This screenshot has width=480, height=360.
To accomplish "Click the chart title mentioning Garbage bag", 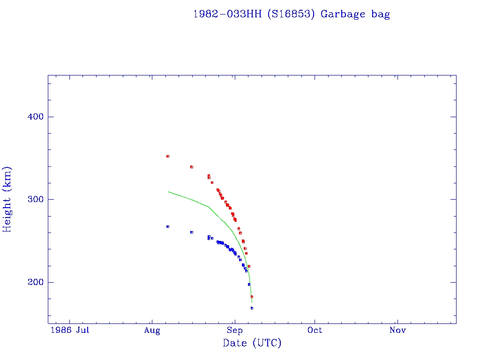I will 291,14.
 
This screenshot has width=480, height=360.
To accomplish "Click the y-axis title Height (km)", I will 7,199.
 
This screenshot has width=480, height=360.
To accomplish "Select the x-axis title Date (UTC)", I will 252,344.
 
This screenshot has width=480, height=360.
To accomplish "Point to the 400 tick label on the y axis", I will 35,117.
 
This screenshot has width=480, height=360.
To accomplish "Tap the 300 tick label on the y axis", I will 35,199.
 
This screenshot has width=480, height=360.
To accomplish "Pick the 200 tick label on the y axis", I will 35,282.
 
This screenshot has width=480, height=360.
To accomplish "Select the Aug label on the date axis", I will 152,330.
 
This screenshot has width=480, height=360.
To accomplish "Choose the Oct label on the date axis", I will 315,330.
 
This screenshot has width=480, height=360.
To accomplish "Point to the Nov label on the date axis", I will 397,330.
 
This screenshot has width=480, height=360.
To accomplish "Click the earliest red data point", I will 168,156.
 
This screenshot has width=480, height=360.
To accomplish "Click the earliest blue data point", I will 168,226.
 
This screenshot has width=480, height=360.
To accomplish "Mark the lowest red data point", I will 252,297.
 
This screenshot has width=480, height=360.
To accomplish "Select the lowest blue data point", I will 252,308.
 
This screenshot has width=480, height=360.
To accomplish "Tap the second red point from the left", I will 192,167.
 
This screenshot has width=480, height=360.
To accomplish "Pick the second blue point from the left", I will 192,232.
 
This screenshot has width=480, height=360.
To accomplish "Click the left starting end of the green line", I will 168,192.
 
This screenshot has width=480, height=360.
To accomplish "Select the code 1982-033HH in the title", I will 220,14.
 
